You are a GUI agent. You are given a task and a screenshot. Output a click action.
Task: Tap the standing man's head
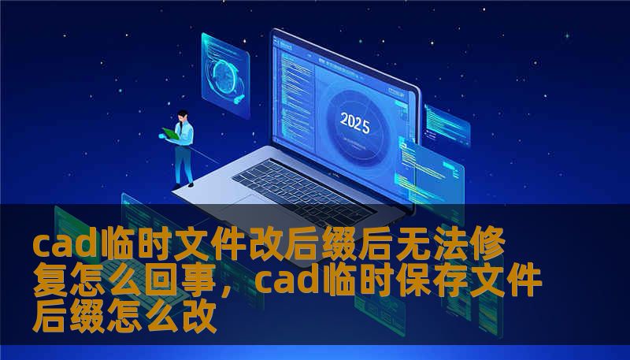click(x=182, y=116)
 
